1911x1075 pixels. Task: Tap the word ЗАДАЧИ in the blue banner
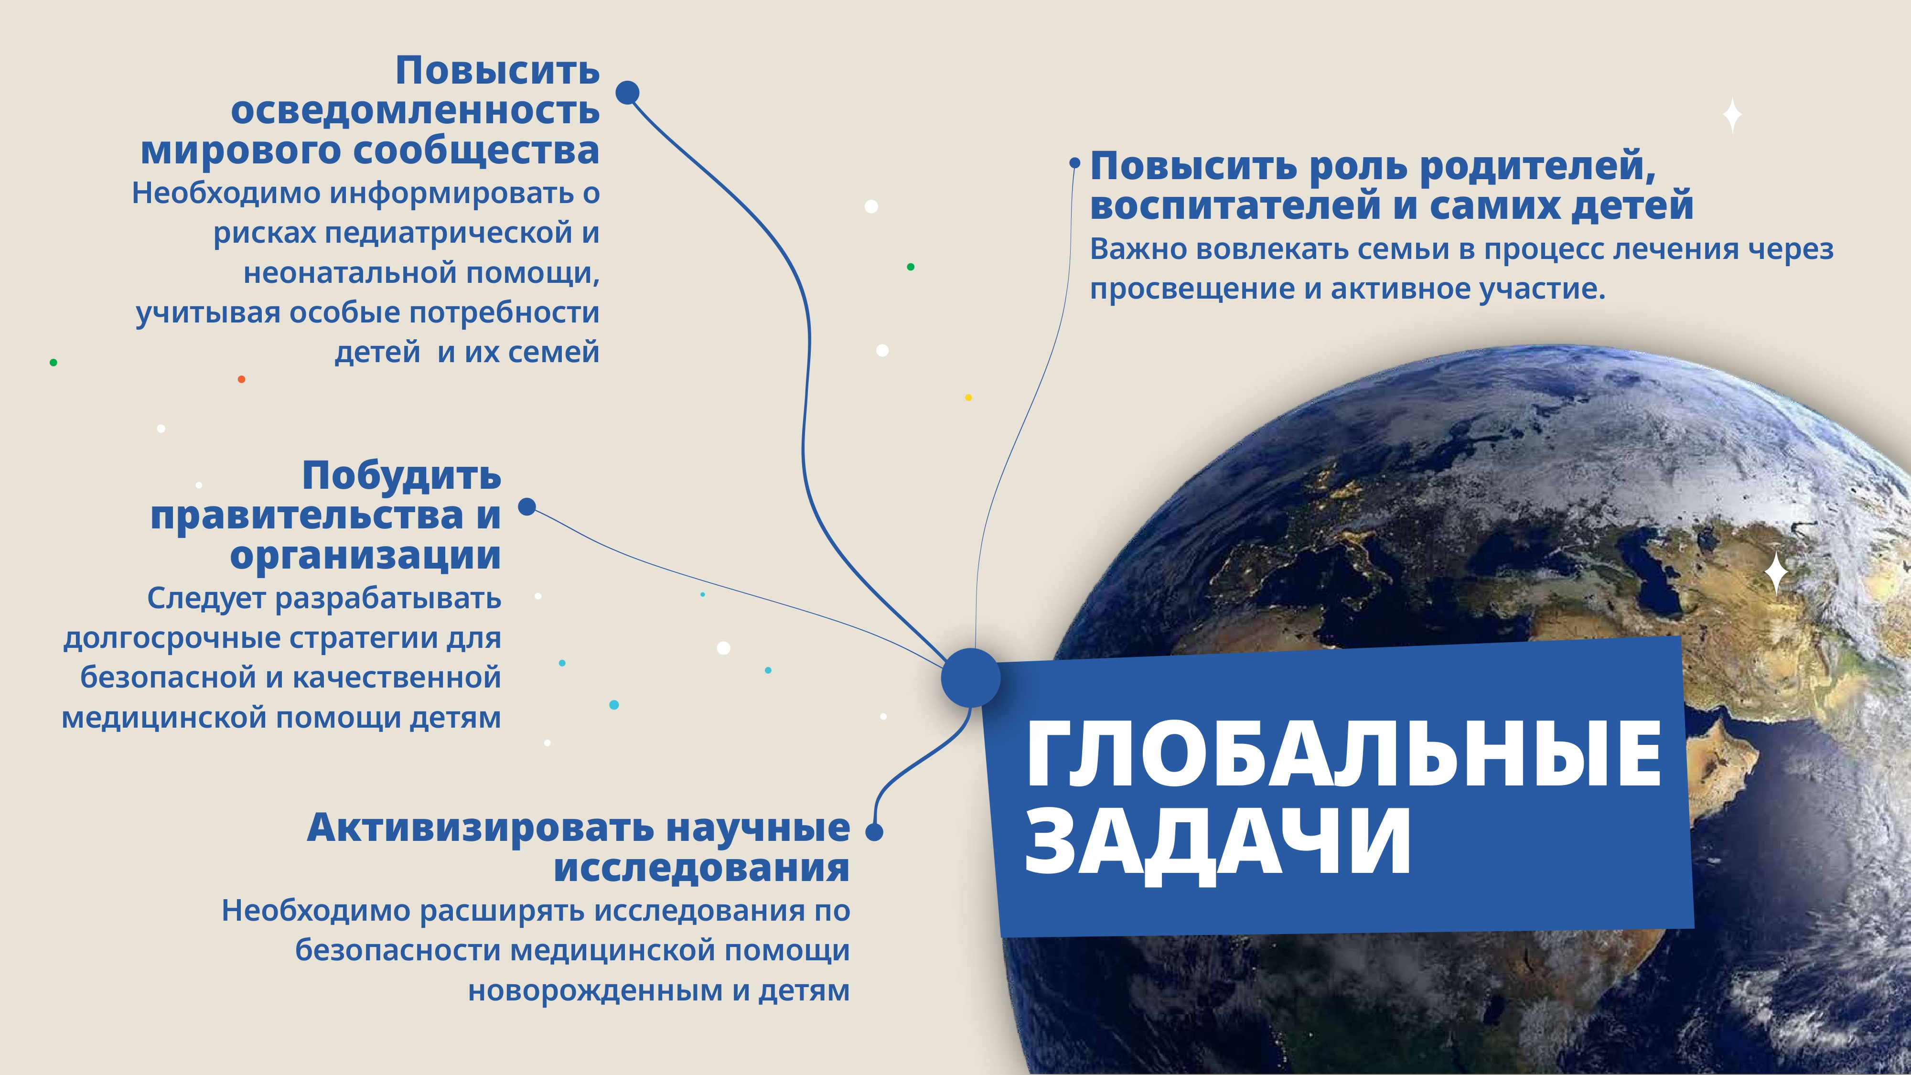pos(1217,844)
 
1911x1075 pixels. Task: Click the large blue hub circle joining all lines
pos(970,677)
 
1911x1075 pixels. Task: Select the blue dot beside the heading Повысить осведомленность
pos(628,93)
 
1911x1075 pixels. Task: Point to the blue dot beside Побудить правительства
pos(526,507)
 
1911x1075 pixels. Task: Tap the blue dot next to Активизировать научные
pos(875,832)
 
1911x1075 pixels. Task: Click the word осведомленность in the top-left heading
pos(416,110)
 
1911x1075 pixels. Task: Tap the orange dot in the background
pos(241,379)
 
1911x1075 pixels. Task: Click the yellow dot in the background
pos(968,398)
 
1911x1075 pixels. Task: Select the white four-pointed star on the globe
pos(1776,573)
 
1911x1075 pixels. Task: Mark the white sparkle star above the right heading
pos(1732,116)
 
